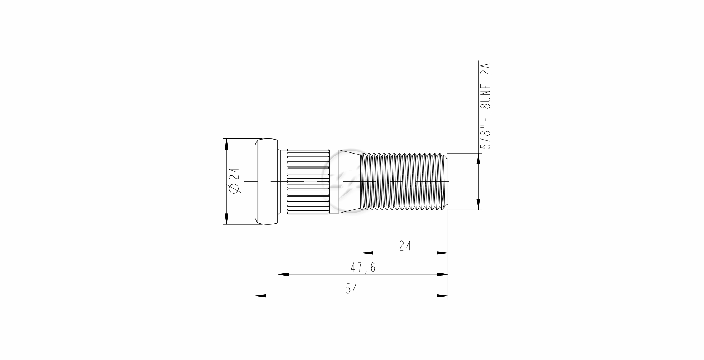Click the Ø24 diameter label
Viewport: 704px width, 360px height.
point(234,181)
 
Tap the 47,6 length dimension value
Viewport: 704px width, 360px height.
point(363,268)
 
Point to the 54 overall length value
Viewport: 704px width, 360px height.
point(352,289)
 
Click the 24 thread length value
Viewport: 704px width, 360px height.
point(405,246)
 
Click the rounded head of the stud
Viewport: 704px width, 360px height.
point(267,181)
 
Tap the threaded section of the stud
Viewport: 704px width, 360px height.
point(403,181)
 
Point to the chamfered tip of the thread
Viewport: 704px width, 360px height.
point(446,181)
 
